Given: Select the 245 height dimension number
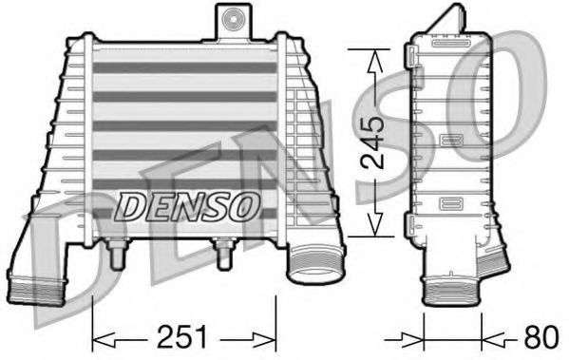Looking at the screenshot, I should [375, 141].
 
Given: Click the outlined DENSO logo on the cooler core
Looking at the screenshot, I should [186, 203].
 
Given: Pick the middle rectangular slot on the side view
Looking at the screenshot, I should [450, 142].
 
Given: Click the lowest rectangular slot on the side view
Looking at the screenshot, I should [450, 204].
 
